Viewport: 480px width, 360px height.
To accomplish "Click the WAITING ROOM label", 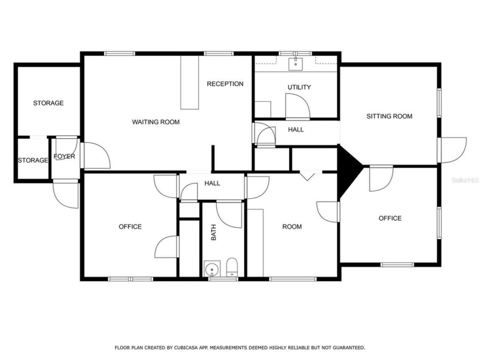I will [x=155, y=122].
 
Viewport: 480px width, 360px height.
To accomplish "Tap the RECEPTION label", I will [x=225, y=84].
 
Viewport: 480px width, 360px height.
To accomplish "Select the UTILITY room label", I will [x=299, y=87].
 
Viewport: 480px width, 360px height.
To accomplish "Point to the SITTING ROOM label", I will [x=389, y=117].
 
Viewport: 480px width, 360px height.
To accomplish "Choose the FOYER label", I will [x=65, y=157].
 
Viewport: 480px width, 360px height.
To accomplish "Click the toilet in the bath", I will [x=231, y=267].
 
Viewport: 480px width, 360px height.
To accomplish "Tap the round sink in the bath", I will [x=212, y=268].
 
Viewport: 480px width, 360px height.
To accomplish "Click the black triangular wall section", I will [x=348, y=166].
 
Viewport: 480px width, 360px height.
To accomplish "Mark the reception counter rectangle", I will [x=190, y=82].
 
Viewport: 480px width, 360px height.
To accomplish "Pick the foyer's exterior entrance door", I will [x=66, y=194].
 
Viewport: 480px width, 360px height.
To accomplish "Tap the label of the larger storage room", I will [x=48, y=103].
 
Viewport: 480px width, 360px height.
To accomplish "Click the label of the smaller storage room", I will [x=33, y=161].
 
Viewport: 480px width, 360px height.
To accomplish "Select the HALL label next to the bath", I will [x=213, y=183].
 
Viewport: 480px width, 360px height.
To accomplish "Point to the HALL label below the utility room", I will [x=296, y=130].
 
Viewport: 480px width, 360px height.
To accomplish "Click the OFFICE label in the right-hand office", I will [x=390, y=218].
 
